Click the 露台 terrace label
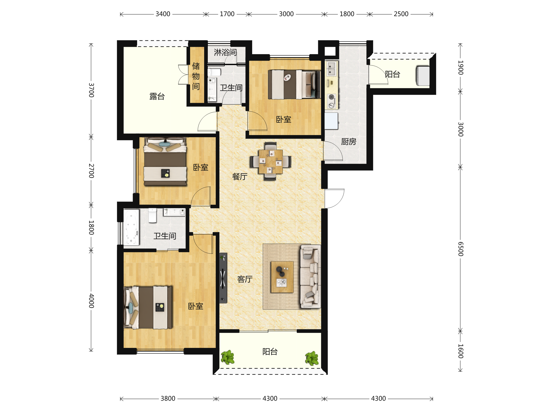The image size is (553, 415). [x=157, y=97]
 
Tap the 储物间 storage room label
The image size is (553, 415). [x=196, y=76]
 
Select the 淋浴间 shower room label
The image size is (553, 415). [x=225, y=52]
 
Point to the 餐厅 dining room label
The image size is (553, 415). [x=240, y=177]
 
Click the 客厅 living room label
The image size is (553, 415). [x=245, y=279]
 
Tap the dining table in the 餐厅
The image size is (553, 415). [x=271, y=162]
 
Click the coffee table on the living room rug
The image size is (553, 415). [x=282, y=277]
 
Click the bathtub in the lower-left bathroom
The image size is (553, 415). [x=131, y=227]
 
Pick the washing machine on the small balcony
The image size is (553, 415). [x=423, y=76]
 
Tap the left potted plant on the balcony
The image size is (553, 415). [x=227, y=357]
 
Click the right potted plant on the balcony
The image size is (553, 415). [x=312, y=358]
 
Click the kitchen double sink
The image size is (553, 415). [x=332, y=68]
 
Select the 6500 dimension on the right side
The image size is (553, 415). [x=461, y=249]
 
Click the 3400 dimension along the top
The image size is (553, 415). [x=163, y=14]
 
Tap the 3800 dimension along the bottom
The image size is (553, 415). [x=168, y=398]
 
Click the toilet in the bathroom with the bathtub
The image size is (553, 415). [x=153, y=215]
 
